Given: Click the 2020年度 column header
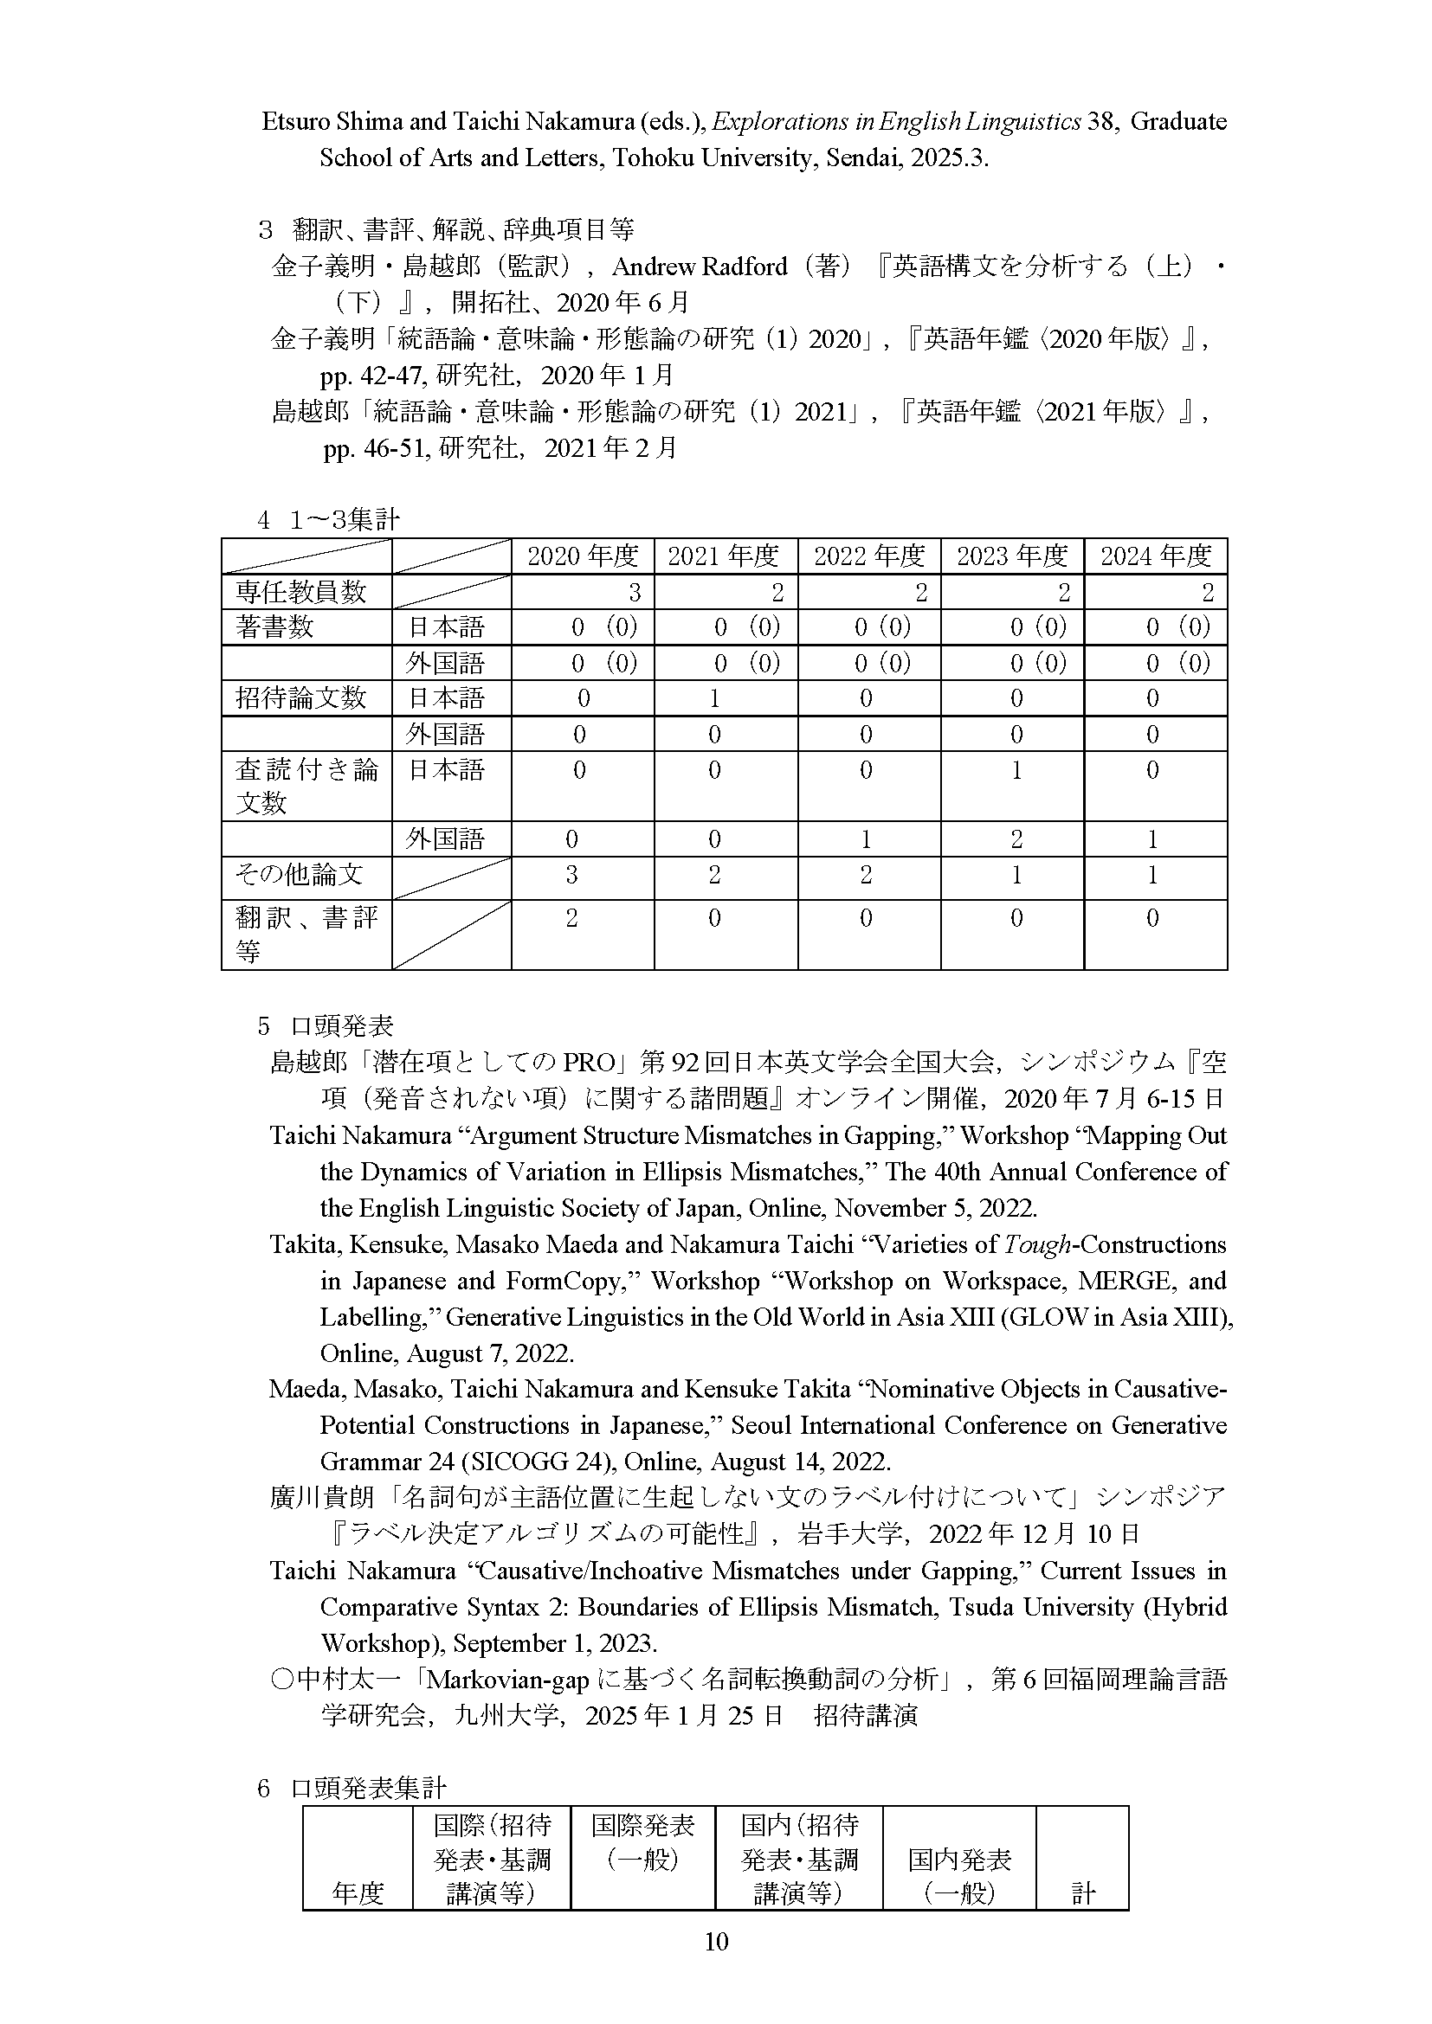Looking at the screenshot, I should click(x=582, y=556).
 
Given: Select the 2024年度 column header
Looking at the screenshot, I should click(x=1155, y=556).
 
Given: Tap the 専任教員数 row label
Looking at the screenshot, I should click(x=300, y=592).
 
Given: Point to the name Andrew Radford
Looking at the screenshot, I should click(x=700, y=267).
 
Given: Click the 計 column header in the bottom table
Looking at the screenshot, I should click(x=1083, y=1892).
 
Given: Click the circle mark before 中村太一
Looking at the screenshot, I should click(x=281, y=1680).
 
